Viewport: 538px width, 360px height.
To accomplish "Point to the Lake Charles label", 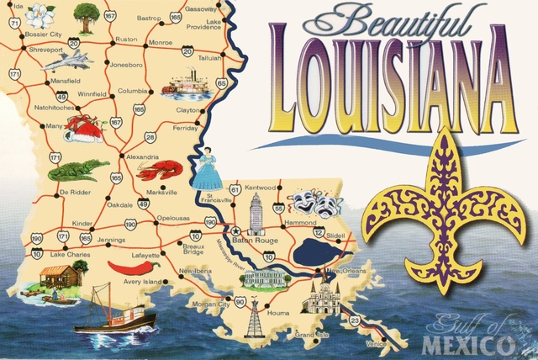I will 69,253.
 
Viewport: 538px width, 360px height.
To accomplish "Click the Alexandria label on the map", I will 142,156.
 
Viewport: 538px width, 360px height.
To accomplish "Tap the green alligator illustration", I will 77,171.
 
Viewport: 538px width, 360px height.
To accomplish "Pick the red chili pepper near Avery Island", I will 134,267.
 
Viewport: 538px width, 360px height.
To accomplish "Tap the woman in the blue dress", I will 207,168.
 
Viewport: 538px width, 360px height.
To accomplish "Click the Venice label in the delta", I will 376,342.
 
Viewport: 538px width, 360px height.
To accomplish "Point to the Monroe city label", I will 160,40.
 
